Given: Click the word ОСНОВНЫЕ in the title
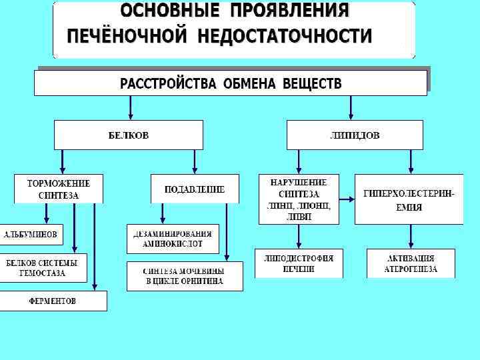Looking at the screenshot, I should pyautogui.click(x=169, y=11).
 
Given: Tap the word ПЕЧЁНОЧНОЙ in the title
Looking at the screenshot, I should pyautogui.click(x=127, y=36).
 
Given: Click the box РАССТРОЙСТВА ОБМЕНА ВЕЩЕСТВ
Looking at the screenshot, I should pyautogui.click(x=230, y=83).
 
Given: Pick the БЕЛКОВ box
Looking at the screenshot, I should pyautogui.click(x=129, y=135).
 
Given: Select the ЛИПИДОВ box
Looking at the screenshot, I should pyautogui.click(x=355, y=135).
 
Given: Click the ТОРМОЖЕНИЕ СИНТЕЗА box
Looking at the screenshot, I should pyautogui.click(x=59, y=189).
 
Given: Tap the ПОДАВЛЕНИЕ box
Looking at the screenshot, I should pyautogui.click(x=194, y=189).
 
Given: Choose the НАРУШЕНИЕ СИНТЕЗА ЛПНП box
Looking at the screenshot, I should pyautogui.click(x=299, y=199).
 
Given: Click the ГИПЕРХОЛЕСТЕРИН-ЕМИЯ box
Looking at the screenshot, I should pyautogui.click(x=409, y=199).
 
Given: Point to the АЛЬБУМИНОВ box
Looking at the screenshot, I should pyautogui.click(x=31, y=235).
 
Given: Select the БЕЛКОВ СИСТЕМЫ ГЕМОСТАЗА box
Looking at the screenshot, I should pyautogui.click(x=42, y=268).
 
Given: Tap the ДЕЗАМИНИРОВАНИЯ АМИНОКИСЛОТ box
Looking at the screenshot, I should pyautogui.click(x=173, y=239).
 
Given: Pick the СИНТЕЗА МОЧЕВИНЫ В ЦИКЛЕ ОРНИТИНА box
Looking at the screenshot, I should pyautogui.click(x=185, y=276).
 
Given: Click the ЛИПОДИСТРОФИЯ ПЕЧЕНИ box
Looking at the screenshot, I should pyautogui.click(x=299, y=263).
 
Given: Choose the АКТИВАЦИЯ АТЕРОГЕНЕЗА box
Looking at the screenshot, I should pyautogui.click(x=411, y=263).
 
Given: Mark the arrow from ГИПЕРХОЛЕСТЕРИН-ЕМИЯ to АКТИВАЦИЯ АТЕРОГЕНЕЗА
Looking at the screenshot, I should pyautogui.click(x=410, y=236).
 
